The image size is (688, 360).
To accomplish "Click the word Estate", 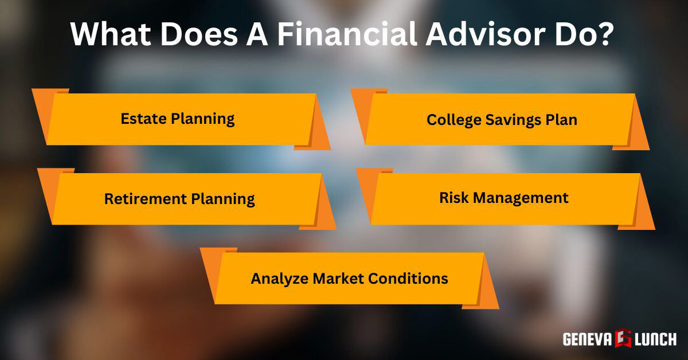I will click(142, 119).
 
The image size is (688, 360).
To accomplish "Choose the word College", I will click(453, 120).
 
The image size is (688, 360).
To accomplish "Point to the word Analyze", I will click(279, 279).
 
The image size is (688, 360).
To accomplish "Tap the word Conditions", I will click(408, 279).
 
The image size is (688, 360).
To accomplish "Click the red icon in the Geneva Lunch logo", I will click(624, 338).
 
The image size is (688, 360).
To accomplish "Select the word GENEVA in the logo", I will click(588, 339).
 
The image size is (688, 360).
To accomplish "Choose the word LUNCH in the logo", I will click(655, 339).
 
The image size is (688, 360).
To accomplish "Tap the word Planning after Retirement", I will click(222, 199).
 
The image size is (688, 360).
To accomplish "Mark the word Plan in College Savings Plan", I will click(563, 120).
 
